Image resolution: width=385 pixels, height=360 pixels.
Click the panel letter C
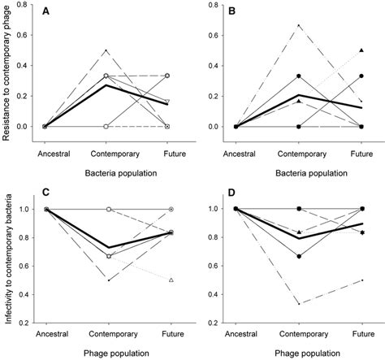47,196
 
